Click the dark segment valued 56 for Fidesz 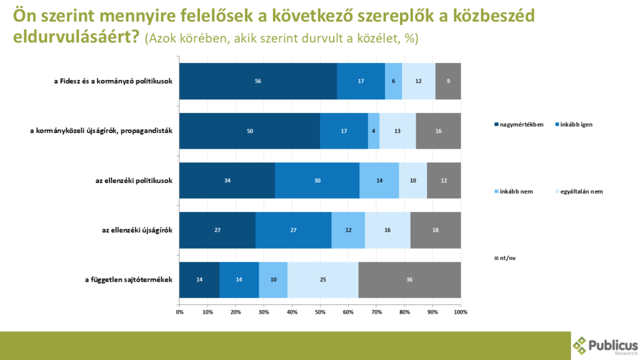[x=257, y=81]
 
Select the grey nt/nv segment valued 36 [x=409, y=280]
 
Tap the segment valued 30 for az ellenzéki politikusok [x=317, y=181]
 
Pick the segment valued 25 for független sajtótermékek [x=322, y=280]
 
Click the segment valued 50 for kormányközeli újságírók [x=249, y=131]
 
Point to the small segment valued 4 [x=374, y=131]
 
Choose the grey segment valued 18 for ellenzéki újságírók [x=436, y=230]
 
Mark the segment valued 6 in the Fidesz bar [x=393, y=81]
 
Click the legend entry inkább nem [x=515, y=191]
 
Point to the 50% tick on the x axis [x=320, y=311]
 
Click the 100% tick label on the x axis [x=460, y=311]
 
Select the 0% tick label [x=179, y=311]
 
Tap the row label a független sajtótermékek [x=129, y=280]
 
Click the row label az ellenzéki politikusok [x=130, y=181]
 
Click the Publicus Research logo [x=605, y=346]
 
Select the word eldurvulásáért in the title [x=76, y=37]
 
